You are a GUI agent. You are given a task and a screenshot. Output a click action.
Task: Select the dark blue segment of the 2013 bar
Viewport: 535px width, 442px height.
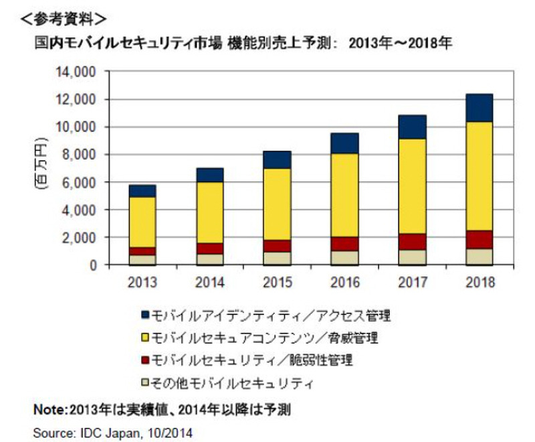(x=142, y=191)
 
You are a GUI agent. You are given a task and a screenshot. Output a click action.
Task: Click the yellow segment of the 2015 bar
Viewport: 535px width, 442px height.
(x=276, y=204)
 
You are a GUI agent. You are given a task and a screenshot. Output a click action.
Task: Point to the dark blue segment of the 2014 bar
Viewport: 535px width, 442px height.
(x=209, y=175)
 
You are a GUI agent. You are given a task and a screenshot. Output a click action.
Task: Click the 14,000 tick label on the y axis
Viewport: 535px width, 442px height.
(x=79, y=72)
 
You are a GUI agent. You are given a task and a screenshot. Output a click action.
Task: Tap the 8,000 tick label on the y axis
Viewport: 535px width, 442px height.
(x=82, y=155)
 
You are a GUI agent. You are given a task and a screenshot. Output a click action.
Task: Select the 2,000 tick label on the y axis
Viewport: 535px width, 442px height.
(x=82, y=238)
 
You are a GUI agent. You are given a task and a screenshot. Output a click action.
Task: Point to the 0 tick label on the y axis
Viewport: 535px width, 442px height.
(x=94, y=265)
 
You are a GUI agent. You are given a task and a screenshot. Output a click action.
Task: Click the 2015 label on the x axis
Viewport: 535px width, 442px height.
(x=276, y=282)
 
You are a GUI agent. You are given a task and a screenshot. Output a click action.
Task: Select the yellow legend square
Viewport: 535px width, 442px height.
(x=145, y=336)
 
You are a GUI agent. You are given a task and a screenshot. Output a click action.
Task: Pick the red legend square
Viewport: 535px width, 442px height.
(x=145, y=360)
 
